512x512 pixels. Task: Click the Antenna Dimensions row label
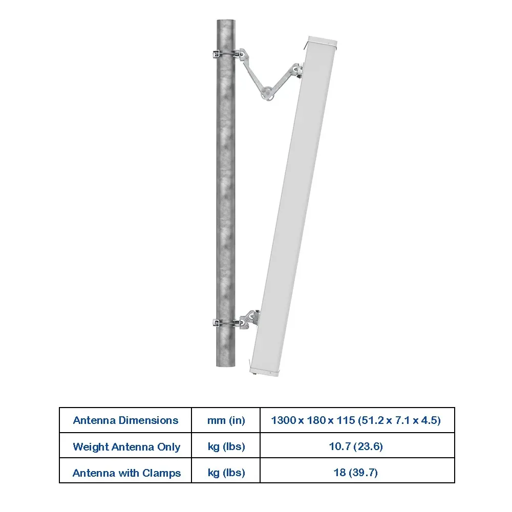click(125, 420)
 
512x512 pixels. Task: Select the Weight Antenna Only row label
click(126, 446)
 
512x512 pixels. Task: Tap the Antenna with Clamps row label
click(126, 473)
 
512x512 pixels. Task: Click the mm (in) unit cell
click(226, 420)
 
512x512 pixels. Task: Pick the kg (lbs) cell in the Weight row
click(226, 446)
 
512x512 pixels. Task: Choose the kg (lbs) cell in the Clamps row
click(226, 473)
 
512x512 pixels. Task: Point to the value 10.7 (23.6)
click(356, 446)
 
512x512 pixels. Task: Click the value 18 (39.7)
click(356, 473)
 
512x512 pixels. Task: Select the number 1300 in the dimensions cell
click(284, 420)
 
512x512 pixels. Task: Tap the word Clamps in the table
click(161, 473)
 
